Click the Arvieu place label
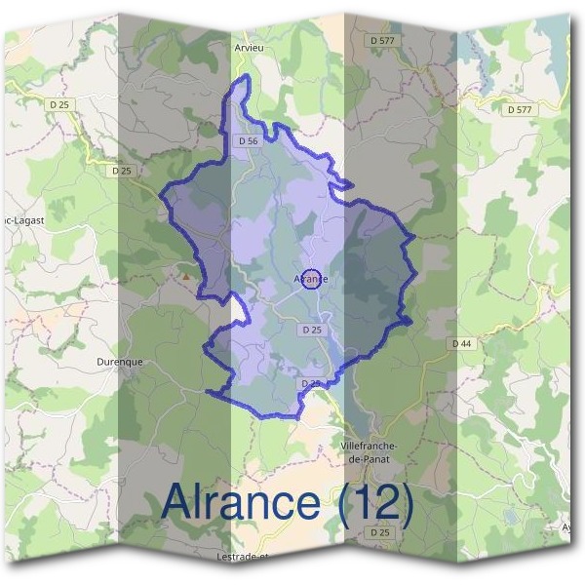click(250, 46)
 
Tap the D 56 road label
click(248, 140)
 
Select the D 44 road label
click(461, 344)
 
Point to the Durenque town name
click(120, 361)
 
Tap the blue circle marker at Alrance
click(311, 280)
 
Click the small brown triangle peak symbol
click(185, 276)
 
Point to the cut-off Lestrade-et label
click(239, 557)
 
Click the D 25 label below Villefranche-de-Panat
click(379, 532)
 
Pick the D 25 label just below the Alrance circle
click(312, 330)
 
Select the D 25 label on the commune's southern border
click(310, 384)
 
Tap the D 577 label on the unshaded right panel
click(520, 109)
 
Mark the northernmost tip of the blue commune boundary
click(246, 75)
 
